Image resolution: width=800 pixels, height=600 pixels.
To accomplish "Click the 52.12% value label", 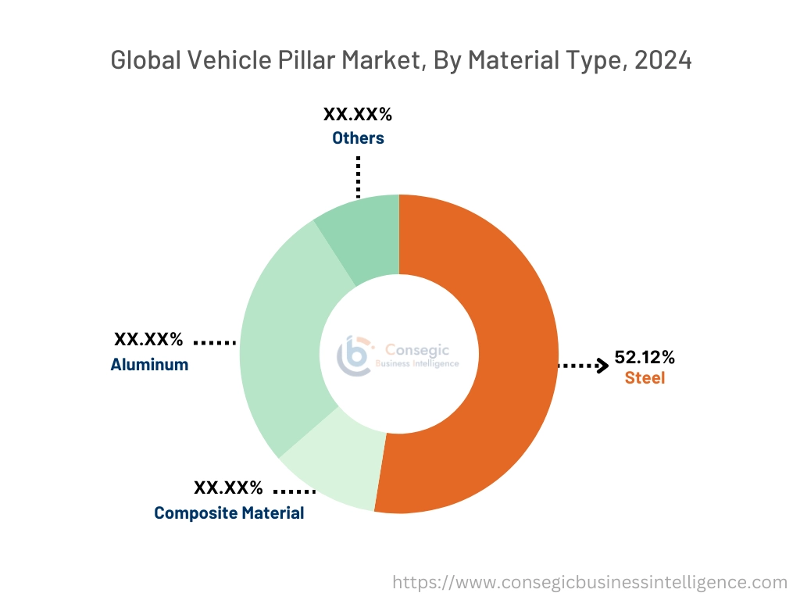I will [645, 358].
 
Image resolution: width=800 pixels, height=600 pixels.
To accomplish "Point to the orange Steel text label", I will [645, 379].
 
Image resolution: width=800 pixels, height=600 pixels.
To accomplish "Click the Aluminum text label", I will [149, 364].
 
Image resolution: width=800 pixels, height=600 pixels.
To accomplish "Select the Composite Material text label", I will [229, 513].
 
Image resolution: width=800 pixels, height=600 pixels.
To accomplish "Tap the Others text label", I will [358, 138].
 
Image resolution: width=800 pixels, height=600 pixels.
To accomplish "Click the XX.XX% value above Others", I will [358, 115].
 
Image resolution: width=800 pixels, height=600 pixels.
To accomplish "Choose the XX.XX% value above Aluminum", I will [148, 340].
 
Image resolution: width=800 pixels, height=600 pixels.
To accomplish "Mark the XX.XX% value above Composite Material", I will [228, 488].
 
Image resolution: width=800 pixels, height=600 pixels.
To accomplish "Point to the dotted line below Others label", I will [359, 175].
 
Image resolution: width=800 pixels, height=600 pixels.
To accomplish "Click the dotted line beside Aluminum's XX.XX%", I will [214, 342].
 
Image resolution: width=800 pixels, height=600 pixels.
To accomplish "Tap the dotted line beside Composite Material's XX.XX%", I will [295, 491].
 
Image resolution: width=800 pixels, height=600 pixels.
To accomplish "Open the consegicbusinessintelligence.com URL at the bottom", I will [589, 582].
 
